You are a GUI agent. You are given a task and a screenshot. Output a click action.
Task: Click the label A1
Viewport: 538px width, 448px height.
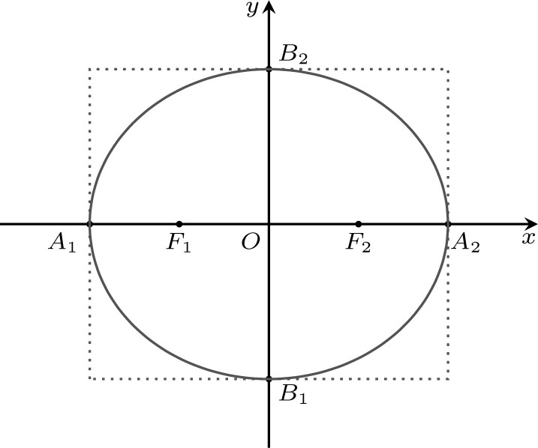[x=62, y=244]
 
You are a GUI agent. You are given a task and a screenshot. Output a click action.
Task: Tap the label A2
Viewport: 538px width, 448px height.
[x=465, y=243]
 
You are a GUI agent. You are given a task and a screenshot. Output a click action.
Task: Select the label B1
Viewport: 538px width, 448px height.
[x=293, y=395]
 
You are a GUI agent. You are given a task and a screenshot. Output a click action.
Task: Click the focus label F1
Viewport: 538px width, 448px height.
[x=179, y=244]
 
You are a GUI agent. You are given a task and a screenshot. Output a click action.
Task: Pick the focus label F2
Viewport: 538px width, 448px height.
[x=359, y=244]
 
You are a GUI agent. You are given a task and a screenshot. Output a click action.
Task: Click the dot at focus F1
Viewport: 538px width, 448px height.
[x=179, y=224]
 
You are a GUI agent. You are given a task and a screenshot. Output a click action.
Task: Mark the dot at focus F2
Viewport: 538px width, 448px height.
[x=358, y=224]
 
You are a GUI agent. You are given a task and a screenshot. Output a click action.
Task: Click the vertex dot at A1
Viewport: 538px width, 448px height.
[x=90, y=224]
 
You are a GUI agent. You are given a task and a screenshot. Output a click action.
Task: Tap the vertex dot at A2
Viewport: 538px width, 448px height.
[x=448, y=224]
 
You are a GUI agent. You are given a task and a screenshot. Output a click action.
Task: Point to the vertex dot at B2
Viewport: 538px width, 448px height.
[x=269, y=69]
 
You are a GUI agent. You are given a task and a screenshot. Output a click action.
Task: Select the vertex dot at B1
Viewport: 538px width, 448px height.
[x=269, y=378]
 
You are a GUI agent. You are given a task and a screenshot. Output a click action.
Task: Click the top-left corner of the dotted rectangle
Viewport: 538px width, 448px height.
[x=90, y=70]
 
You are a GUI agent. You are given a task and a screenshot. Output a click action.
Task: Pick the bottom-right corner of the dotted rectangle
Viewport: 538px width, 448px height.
[x=448, y=378]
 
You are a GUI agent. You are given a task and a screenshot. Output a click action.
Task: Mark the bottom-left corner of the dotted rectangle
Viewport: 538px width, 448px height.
[x=90, y=378]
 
